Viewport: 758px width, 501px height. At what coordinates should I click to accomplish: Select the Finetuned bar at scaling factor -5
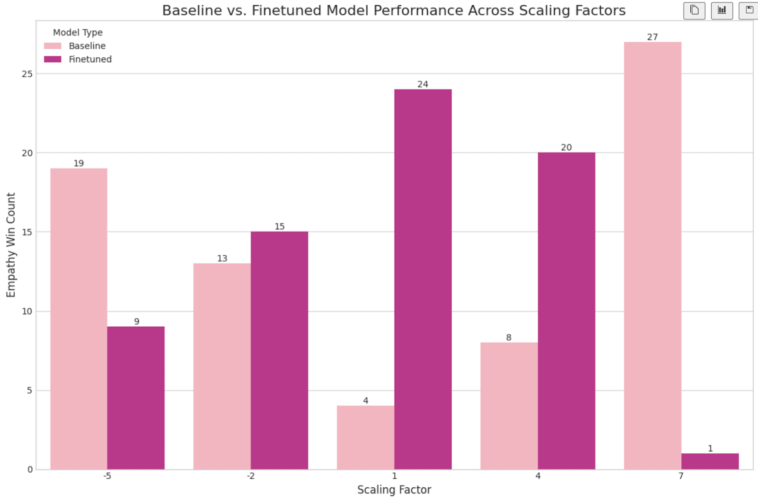click(136, 398)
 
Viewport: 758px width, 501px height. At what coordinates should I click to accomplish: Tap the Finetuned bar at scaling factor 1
click(423, 279)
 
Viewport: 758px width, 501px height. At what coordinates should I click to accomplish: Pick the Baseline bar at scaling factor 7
click(652, 256)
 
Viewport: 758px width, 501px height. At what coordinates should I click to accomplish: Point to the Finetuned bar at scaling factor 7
click(710, 461)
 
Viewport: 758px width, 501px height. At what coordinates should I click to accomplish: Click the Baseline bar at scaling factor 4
click(509, 406)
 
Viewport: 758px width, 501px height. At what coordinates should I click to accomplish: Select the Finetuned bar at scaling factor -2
click(280, 350)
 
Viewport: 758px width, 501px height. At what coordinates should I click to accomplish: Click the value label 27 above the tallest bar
click(652, 37)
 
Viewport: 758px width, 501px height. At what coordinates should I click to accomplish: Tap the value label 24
click(423, 84)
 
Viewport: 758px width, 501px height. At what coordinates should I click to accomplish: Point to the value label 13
click(222, 259)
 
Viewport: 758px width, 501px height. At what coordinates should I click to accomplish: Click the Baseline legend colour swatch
click(53, 46)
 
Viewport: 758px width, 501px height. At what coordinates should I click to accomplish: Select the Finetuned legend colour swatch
click(53, 59)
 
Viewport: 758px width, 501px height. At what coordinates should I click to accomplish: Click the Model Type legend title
click(78, 32)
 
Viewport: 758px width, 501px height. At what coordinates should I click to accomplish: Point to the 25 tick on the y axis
click(27, 74)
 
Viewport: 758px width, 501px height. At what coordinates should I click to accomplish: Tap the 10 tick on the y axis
click(27, 311)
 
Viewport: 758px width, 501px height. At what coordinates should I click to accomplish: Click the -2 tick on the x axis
click(251, 476)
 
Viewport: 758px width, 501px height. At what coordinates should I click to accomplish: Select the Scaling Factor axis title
click(394, 490)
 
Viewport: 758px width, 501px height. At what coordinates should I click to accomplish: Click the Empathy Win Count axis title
click(11, 245)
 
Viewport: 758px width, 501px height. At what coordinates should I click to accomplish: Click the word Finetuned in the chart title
click(287, 10)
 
